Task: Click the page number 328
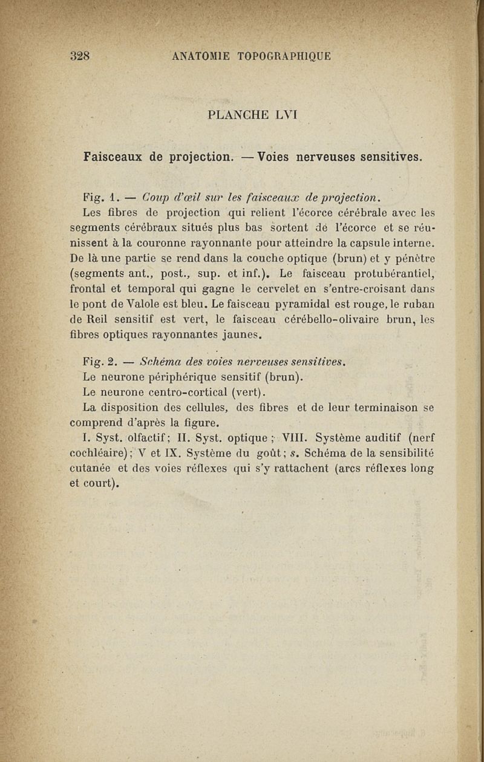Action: coord(80,57)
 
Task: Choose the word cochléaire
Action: coord(103,453)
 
